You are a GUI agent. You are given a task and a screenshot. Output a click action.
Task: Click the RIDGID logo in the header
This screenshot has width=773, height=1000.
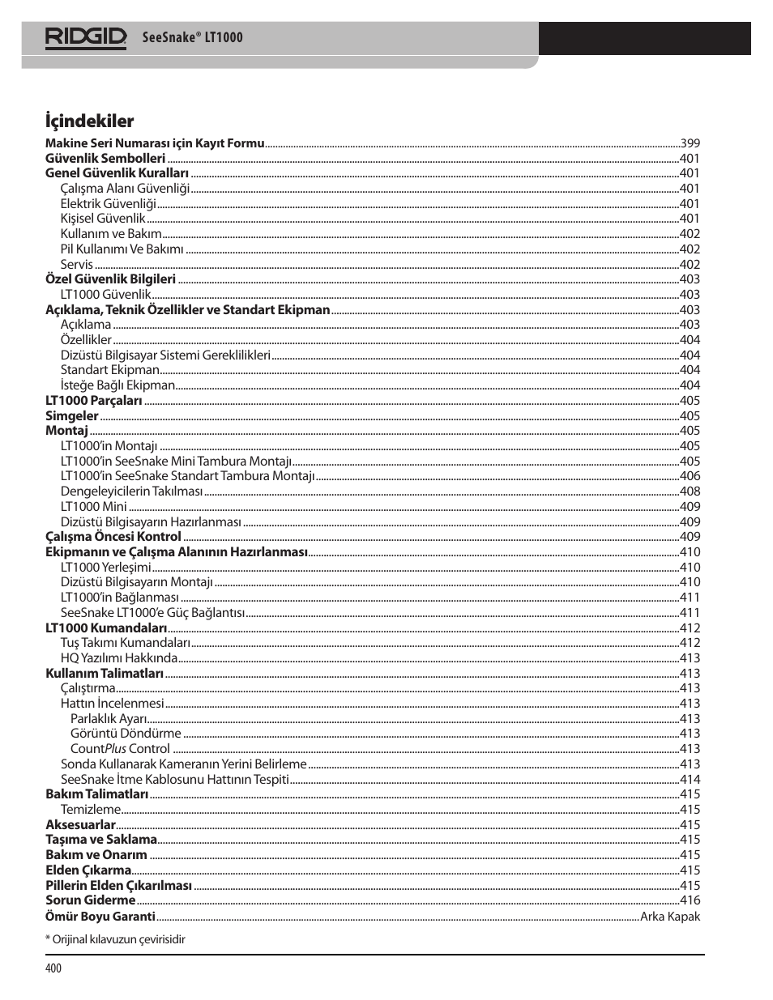click(85, 37)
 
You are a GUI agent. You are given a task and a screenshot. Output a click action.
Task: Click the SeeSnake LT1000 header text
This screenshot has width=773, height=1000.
click(192, 37)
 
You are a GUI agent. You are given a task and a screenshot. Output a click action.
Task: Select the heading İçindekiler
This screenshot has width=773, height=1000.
click(89, 121)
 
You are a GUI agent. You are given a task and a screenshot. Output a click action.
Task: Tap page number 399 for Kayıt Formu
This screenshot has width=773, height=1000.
click(690, 143)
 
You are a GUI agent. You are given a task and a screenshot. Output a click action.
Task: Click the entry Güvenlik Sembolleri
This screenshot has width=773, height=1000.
click(105, 158)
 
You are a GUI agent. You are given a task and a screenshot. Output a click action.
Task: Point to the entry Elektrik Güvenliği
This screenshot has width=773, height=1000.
click(108, 203)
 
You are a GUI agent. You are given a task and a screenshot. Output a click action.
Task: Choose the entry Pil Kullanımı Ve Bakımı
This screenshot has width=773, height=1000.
click(122, 249)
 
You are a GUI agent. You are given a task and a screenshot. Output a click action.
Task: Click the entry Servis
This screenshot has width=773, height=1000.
click(76, 264)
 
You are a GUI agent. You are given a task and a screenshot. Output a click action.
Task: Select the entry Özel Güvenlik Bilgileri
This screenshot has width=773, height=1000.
click(110, 279)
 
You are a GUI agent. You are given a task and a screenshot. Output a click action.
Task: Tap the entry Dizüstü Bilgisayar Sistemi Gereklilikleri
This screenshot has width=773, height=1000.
click(165, 355)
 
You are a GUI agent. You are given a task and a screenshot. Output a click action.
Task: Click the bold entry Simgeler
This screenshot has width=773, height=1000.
click(71, 415)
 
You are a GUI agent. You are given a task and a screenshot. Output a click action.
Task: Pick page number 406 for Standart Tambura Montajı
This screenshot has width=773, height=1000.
click(690, 476)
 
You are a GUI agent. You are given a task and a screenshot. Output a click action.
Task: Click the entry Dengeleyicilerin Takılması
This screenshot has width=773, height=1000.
click(131, 491)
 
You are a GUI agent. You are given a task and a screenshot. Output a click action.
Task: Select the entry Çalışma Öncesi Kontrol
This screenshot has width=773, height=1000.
click(113, 537)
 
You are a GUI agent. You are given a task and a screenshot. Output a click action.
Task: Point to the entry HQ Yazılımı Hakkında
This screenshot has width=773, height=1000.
click(118, 657)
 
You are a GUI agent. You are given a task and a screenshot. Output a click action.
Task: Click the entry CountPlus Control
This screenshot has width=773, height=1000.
click(120, 749)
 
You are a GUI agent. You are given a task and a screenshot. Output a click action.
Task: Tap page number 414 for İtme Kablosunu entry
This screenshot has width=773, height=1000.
click(690, 779)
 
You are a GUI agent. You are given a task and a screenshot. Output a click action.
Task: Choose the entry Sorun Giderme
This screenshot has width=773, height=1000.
click(90, 900)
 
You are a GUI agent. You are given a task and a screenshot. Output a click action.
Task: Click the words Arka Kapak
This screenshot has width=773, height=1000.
click(669, 916)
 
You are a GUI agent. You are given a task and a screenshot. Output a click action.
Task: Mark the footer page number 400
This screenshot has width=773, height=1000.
click(53, 968)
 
